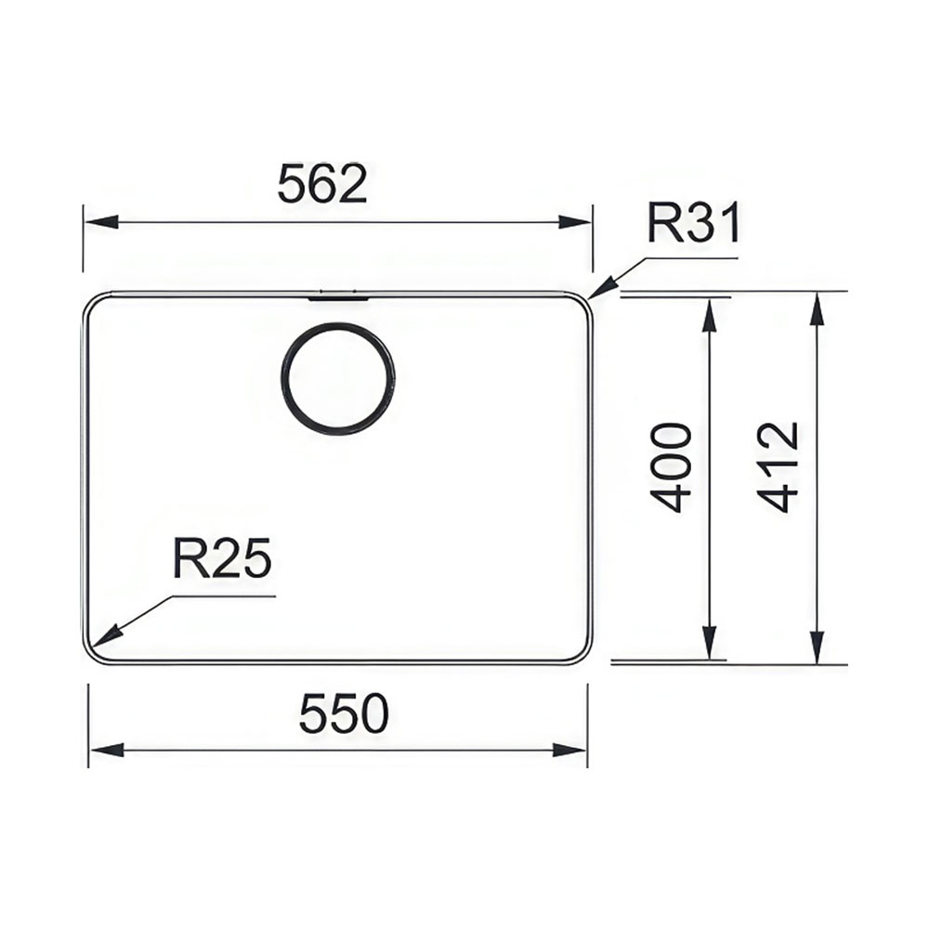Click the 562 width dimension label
pos(322,184)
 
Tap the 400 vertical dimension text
pos(673,467)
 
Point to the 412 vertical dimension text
pos(779,467)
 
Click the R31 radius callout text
pos(693,223)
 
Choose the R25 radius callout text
pos(222,558)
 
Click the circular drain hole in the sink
pos(337,379)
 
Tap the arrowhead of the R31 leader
pos(603,289)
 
